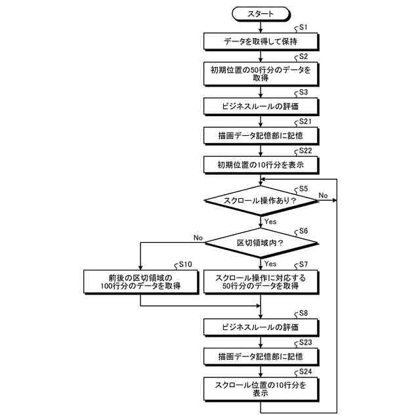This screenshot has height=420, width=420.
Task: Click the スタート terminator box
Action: (x=261, y=13)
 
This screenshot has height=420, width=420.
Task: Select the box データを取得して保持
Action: (x=261, y=41)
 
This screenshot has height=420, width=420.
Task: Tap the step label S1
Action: (x=303, y=28)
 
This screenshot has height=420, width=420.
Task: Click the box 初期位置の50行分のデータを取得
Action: (x=261, y=73)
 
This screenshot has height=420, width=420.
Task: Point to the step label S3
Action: (x=303, y=93)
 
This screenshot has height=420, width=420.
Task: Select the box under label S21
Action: (x=261, y=135)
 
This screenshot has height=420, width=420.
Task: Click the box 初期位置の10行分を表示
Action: (x=261, y=164)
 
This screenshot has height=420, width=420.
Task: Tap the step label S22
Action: (x=305, y=151)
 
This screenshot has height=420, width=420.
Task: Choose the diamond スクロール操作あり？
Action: (x=261, y=200)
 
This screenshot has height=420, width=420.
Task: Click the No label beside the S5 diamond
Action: (x=324, y=195)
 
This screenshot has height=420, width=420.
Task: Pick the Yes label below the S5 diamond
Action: (x=270, y=222)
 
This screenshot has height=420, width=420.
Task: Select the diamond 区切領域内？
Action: (x=261, y=243)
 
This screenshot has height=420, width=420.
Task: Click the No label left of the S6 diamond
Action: (x=198, y=238)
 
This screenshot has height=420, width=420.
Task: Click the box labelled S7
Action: (x=261, y=282)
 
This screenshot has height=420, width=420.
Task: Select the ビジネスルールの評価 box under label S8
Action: (x=261, y=327)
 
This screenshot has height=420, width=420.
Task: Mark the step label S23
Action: (x=305, y=343)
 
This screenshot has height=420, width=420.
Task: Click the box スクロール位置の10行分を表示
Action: (x=261, y=389)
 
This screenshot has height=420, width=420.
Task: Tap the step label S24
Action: (x=305, y=371)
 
